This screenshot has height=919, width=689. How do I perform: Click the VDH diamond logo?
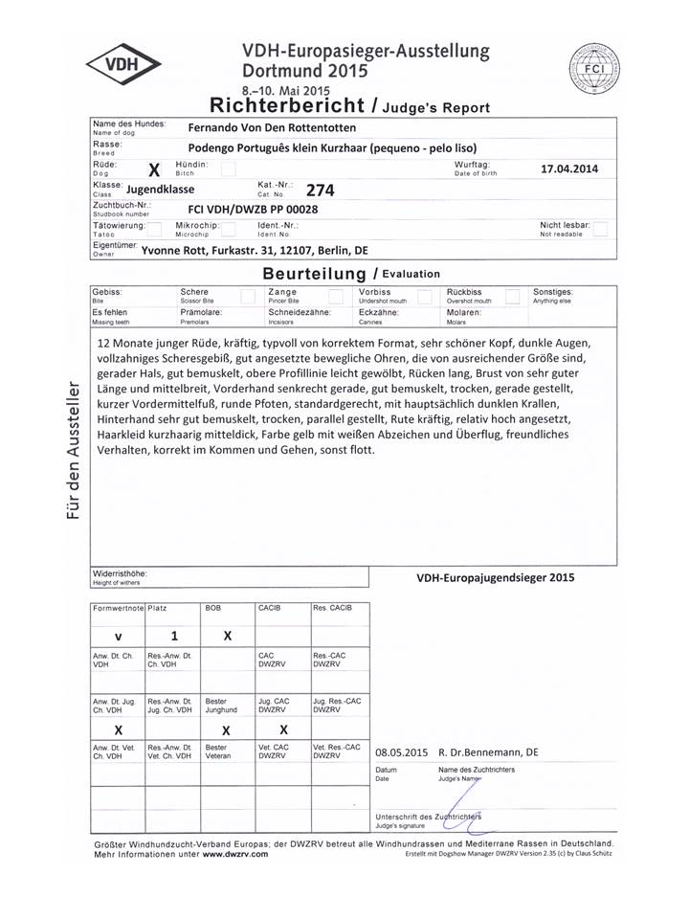coord(123,66)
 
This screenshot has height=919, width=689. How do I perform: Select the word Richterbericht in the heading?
coord(287,104)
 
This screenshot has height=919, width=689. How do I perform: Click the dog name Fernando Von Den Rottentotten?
coord(272,127)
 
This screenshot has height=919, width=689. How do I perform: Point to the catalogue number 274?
coord(320,191)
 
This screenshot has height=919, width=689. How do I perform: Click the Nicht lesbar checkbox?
coord(600,229)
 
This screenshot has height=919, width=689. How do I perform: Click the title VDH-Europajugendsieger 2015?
coord(496,577)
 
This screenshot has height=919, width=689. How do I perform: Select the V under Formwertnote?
coord(118,637)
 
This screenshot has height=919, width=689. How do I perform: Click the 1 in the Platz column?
coord(174,637)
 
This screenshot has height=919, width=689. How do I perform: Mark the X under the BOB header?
coord(228,637)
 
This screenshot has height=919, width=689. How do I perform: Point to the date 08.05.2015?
coord(402,752)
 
